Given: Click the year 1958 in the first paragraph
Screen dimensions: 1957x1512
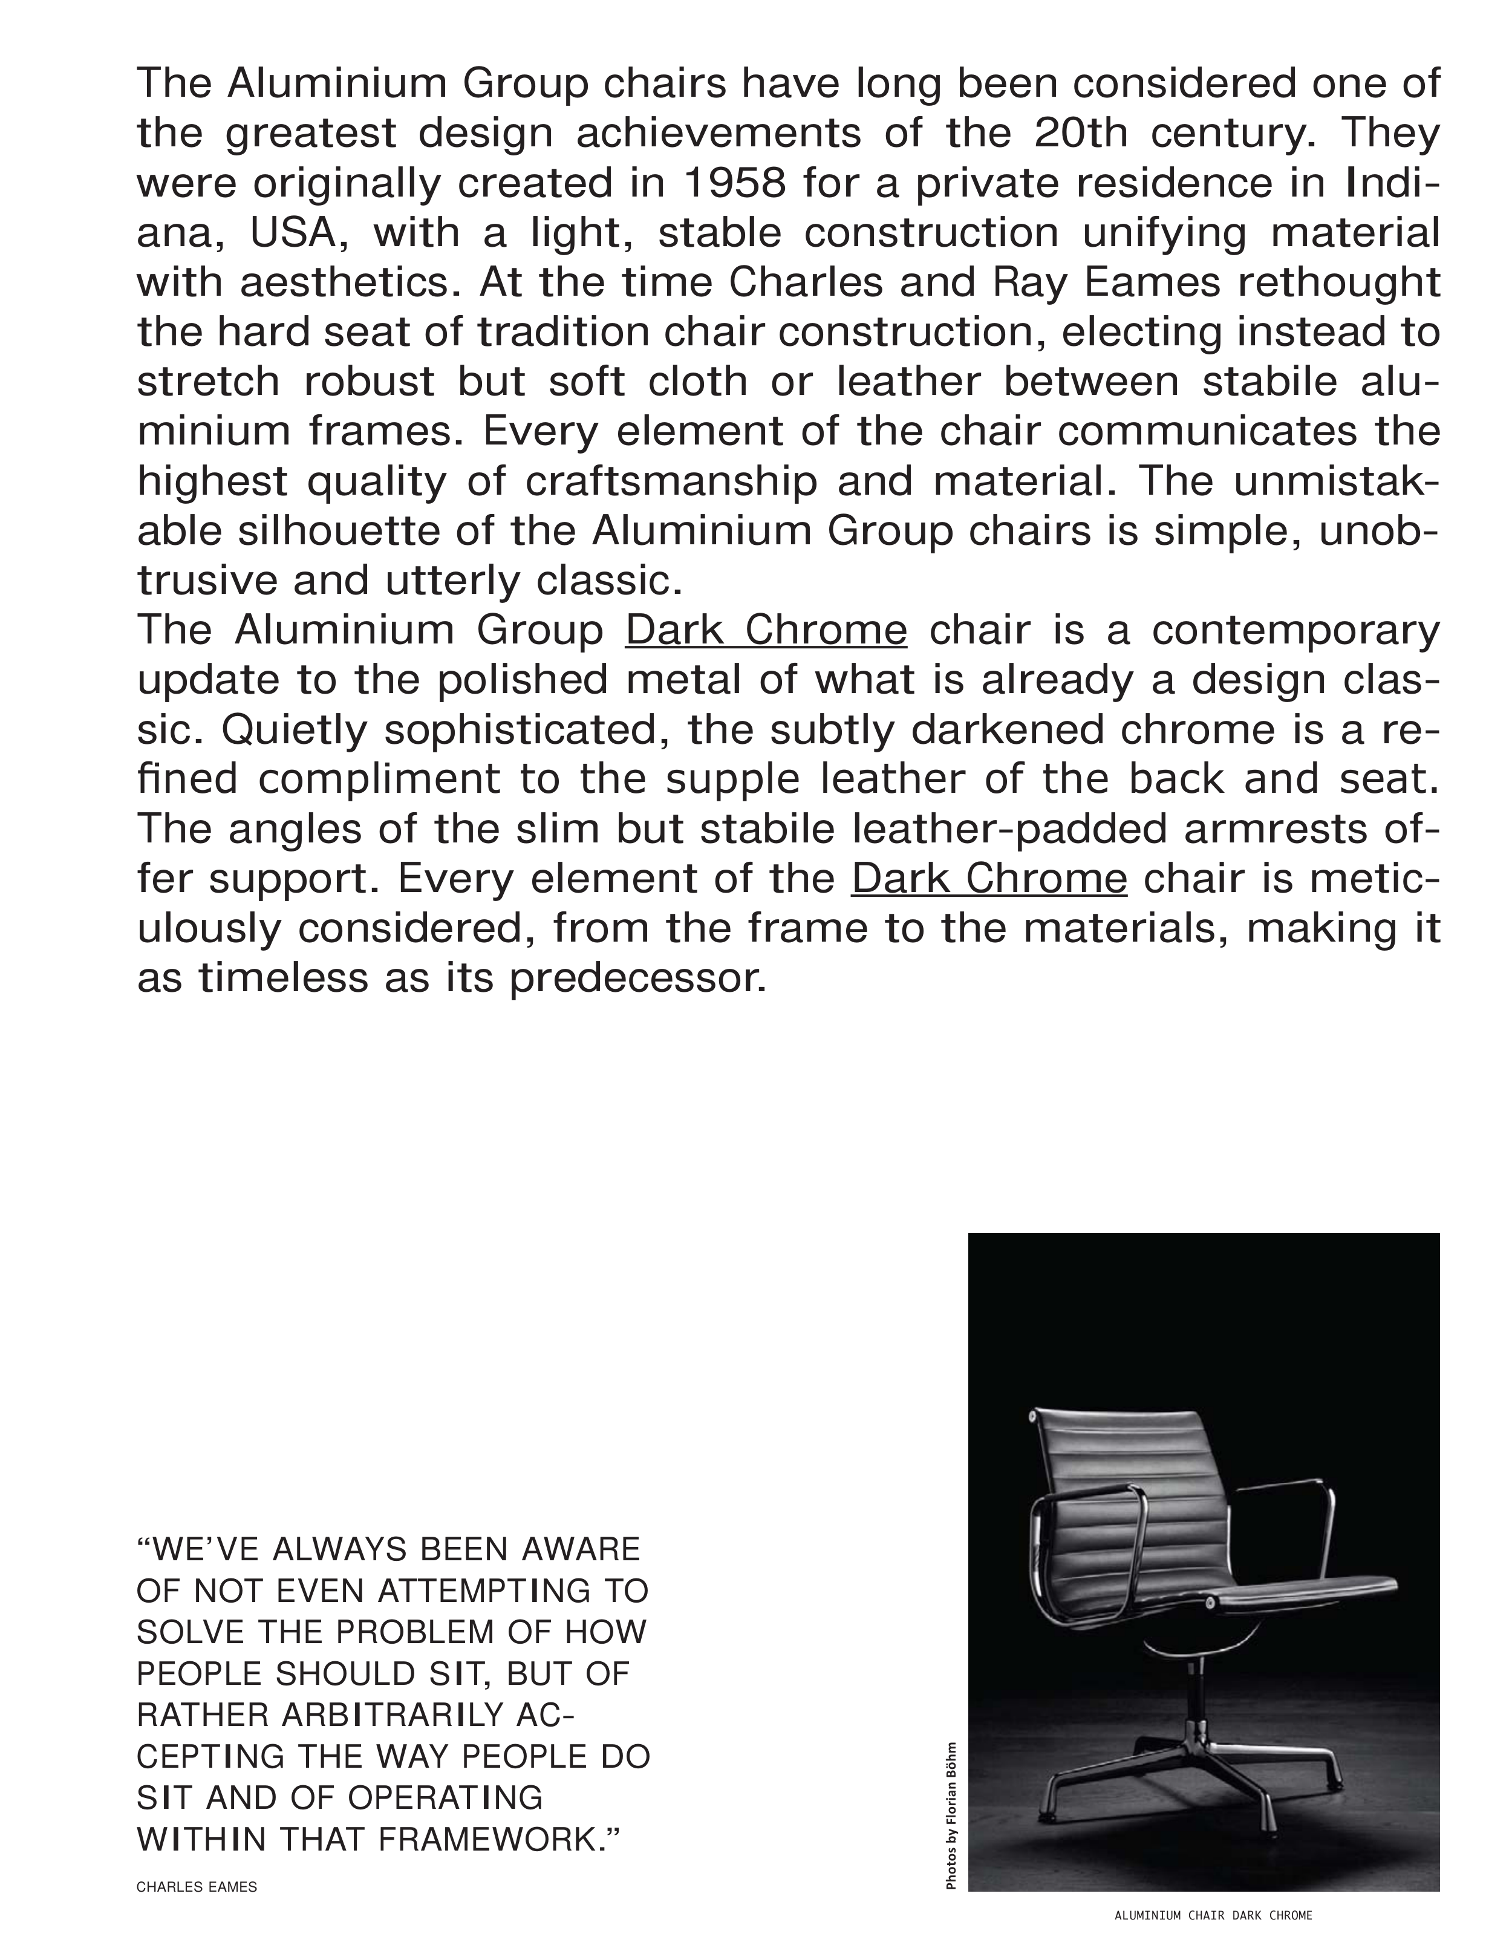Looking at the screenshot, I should point(734,184).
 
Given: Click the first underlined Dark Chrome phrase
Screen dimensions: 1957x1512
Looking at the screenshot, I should point(766,631).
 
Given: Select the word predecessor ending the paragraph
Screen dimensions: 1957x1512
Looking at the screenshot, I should point(638,978).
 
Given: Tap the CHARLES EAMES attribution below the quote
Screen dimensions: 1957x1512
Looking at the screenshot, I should point(197,1887).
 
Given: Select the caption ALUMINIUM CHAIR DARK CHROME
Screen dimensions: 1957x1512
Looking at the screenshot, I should point(1213,1916).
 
